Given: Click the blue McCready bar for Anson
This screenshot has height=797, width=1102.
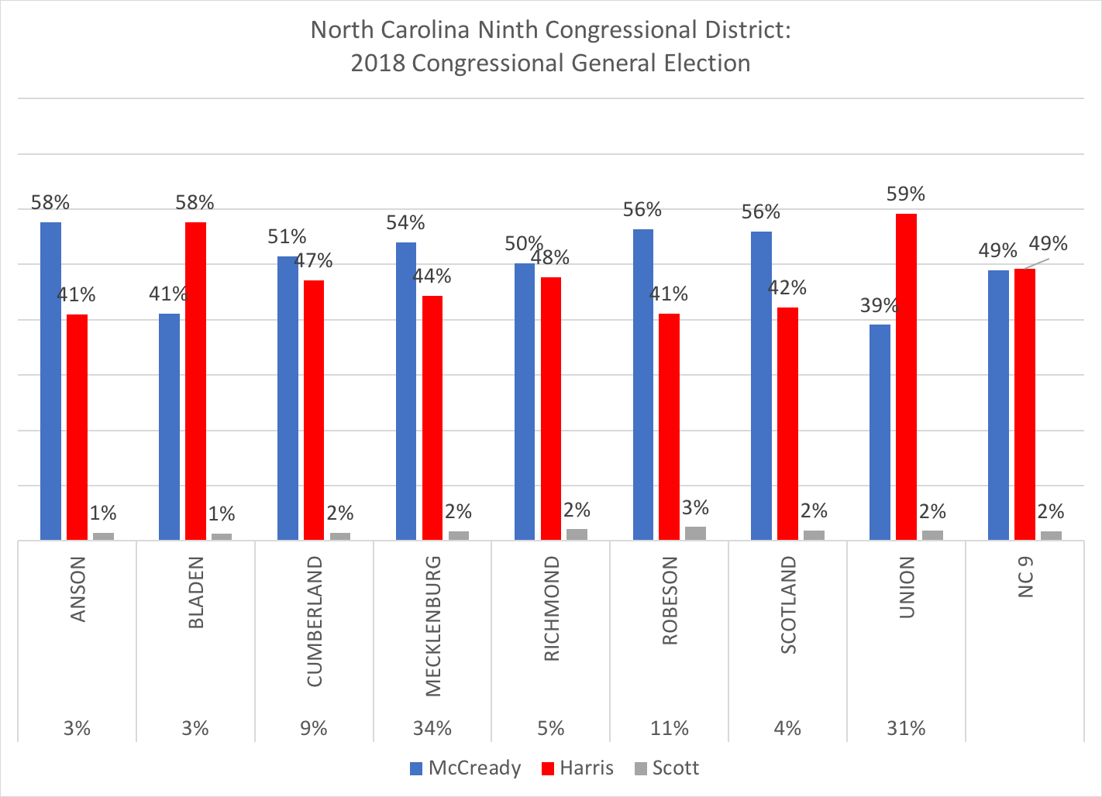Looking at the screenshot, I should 50,380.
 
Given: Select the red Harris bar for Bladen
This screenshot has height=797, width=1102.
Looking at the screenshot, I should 195,380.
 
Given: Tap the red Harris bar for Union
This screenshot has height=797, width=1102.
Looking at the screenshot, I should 906,376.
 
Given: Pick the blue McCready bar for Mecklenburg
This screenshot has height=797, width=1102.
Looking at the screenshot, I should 406,391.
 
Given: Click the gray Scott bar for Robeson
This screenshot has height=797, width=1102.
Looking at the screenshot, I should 695,533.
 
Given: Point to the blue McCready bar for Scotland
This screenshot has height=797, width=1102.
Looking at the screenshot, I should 761,385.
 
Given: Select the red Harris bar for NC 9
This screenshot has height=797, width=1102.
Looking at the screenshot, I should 1025,404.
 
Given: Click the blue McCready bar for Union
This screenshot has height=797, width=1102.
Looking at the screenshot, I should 880,431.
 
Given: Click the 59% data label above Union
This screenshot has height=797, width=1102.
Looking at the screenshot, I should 906,194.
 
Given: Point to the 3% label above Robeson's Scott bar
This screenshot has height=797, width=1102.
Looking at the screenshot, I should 695,508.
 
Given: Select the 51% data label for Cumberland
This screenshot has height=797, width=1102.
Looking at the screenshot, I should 287,237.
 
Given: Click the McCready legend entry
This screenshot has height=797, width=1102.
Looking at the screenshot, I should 465,768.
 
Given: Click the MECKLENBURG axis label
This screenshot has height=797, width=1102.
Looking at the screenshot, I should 432,626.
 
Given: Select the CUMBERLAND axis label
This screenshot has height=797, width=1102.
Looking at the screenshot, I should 314,621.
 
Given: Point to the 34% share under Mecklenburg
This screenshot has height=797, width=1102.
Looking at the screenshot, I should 432,728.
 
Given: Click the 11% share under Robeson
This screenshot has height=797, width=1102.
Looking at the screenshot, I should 670,728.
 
